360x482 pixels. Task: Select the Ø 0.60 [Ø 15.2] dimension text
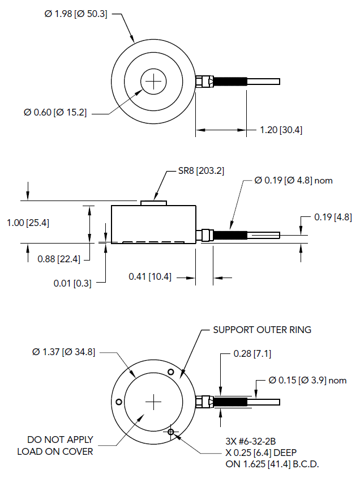(x=55, y=112)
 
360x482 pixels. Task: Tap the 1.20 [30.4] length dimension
(x=281, y=130)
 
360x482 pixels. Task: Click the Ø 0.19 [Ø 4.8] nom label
(x=293, y=181)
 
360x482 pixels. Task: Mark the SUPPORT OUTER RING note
(x=262, y=330)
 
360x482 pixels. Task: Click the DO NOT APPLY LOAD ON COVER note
(x=55, y=446)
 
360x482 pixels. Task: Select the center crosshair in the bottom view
(x=153, y=402)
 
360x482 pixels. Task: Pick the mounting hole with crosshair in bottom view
(x=171, y=432)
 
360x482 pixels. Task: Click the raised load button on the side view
(x=153, y=202)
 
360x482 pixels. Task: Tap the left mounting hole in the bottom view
(x=119, y=402)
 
